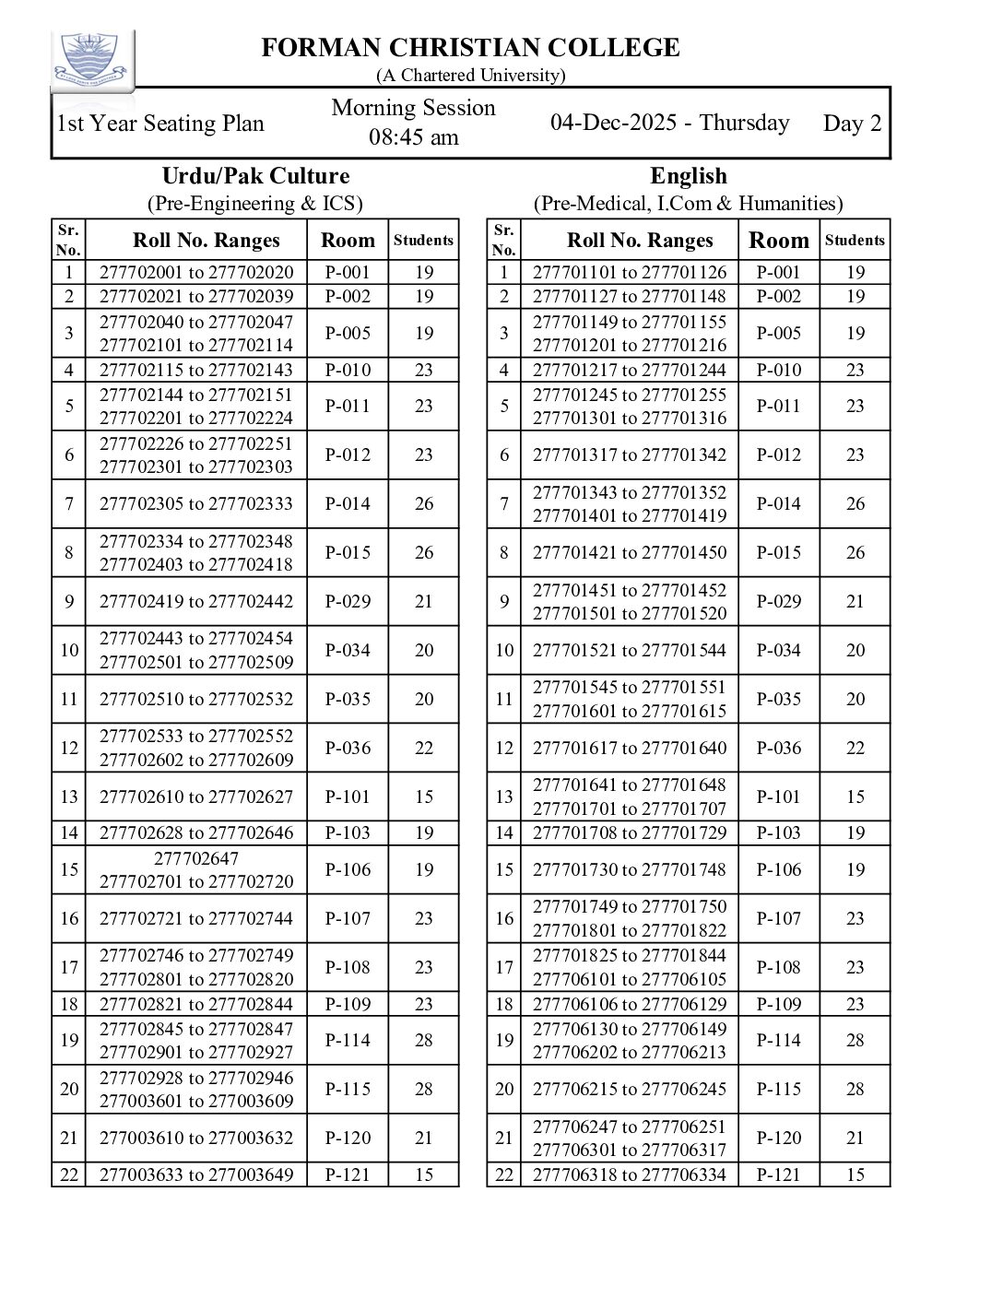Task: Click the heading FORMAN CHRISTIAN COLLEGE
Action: pos(470,48)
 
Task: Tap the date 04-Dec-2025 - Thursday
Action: pos(669,123)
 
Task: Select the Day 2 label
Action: pos(852,124)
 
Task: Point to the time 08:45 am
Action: pos(413,137)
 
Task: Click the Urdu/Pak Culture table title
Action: pos(255,176)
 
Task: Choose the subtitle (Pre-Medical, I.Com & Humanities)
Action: pos(688,203)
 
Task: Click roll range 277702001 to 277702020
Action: pos(196,272)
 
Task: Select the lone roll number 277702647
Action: pos(196,858)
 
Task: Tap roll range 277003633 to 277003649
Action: pos(196,1174)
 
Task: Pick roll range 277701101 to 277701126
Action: pos(630,272)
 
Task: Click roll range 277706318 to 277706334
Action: pos(630,1174)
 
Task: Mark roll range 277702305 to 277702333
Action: pos(196,503)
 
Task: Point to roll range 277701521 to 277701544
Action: pos(630,650)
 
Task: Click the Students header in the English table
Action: pos(855,241)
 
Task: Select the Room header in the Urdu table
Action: pos(348,241)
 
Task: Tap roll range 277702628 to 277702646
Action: pos(196,832)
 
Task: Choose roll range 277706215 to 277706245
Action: pos(630,1089)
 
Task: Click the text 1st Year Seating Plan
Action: pos(160,124)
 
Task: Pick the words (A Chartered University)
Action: pos(470,75)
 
